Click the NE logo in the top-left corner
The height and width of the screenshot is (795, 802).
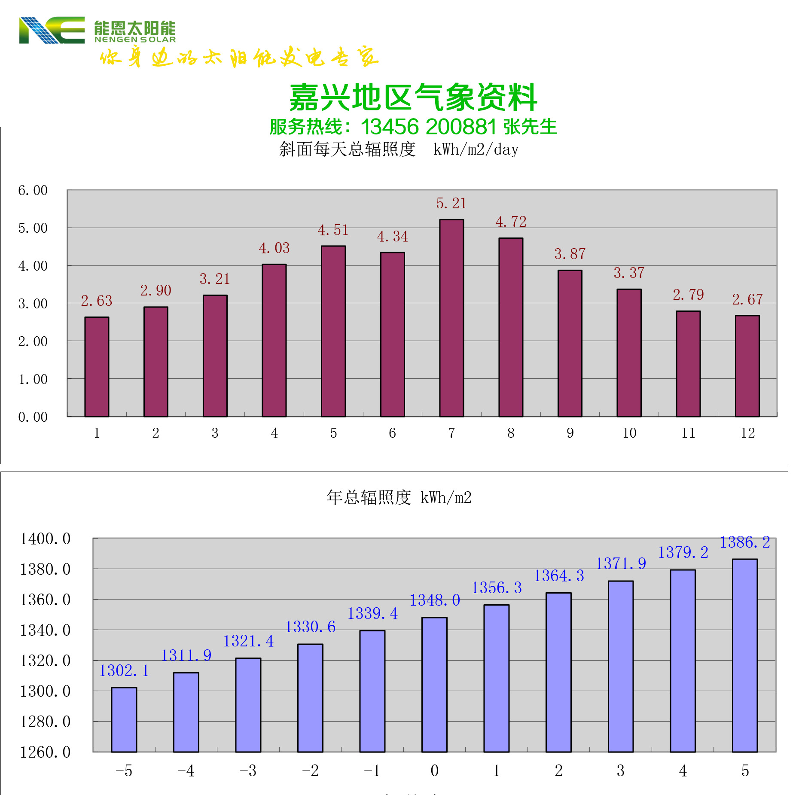pos(52,30)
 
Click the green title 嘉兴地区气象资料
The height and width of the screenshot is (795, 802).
pos(413,98)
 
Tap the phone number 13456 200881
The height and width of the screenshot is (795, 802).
pos(428,127)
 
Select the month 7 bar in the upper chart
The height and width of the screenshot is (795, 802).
pos(451,318)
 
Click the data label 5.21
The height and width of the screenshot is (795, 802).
pos(451,203)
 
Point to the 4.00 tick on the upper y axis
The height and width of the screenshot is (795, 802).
pos(33,266)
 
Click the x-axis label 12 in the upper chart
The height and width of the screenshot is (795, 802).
pos(747,433)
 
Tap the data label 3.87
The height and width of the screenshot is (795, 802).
pos(570,254)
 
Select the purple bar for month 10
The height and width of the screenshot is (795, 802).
pos(629,353)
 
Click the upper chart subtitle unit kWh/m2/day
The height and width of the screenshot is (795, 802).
pos(476,149)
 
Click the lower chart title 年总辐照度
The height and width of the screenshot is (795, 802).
pos(369,498)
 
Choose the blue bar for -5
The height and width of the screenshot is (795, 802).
pos(124,719)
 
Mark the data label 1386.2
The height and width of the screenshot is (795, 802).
pos(744,542)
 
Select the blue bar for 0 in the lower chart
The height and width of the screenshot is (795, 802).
pos(434,685)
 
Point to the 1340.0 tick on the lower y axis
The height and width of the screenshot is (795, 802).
pos(45,631)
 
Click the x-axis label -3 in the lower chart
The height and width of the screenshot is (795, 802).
pos(248,771)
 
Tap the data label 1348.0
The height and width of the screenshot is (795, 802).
pos(434,600)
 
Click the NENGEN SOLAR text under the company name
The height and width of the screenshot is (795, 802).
pos(135,40)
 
